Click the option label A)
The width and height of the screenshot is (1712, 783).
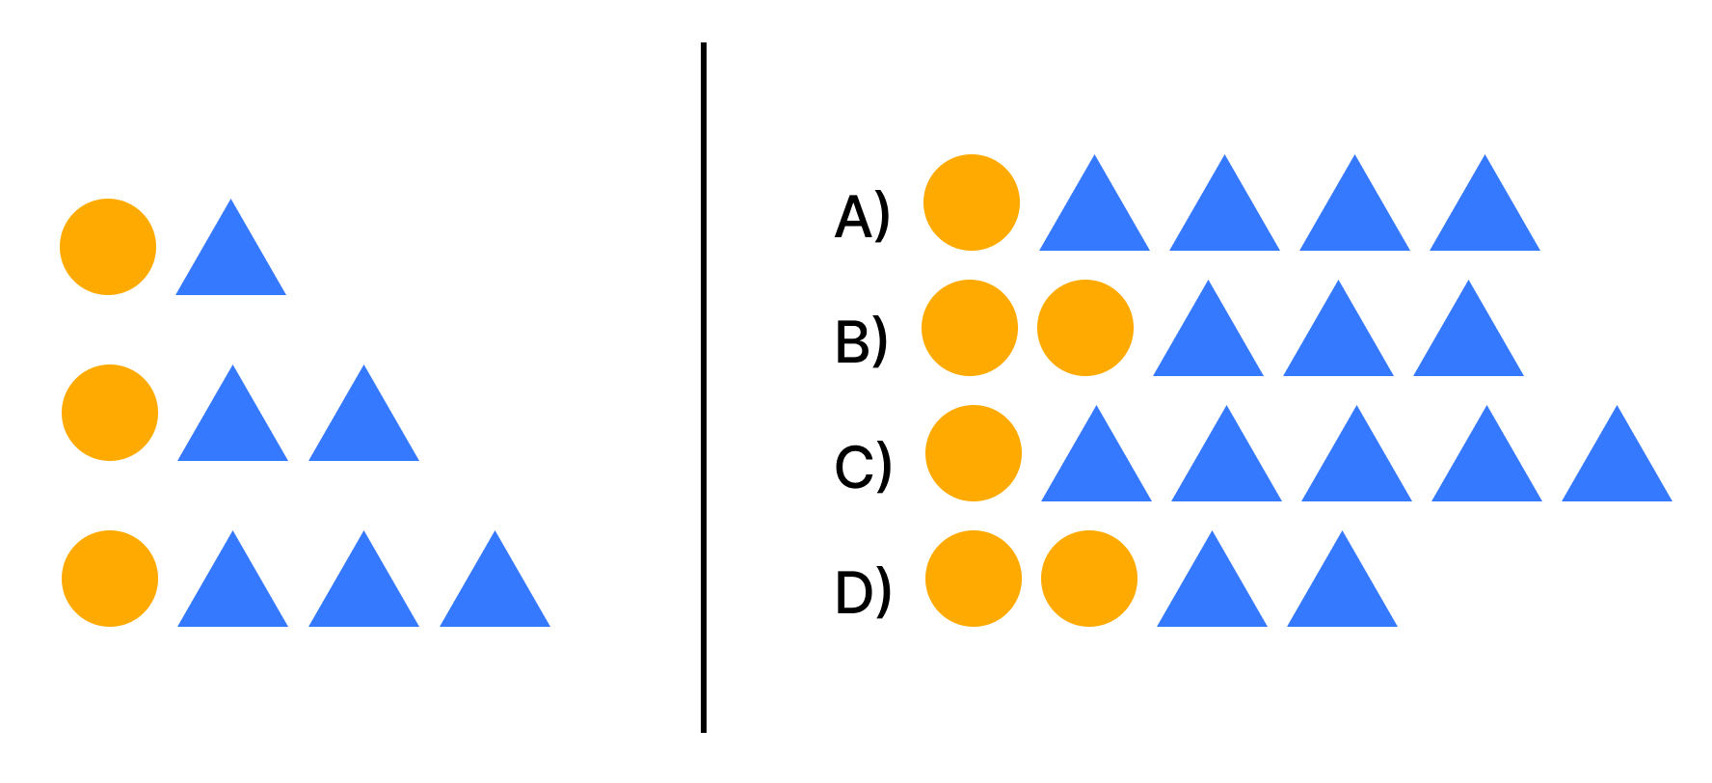862,217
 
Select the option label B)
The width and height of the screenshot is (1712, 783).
861,341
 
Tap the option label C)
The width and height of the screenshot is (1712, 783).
862,467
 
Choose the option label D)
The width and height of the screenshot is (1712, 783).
862,592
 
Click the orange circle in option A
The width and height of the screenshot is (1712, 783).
972,202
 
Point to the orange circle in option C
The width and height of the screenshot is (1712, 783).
974,453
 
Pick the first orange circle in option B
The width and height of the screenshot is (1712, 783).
970,328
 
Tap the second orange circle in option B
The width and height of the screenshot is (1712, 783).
1085,328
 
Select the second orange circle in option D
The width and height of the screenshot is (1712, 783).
1089,579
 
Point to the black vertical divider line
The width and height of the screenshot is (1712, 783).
704,386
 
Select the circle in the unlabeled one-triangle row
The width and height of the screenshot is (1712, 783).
108,247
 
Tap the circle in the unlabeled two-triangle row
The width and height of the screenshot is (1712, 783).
110,413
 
